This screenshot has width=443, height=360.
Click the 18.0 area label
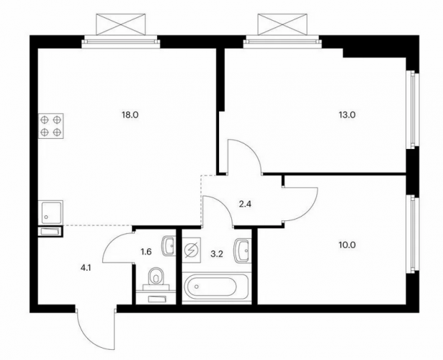coord(130,115)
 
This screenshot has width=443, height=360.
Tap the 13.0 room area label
coord(347,115)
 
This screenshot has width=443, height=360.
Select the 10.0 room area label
coord(347,245)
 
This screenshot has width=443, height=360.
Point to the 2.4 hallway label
coord(245,204)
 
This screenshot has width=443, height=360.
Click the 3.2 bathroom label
coord(218,254)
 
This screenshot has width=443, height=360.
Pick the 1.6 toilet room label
coord(146,251)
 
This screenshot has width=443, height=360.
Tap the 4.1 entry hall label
coord(86,269)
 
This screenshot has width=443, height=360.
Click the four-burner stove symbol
coord(51,126)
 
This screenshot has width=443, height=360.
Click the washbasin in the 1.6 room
coord(169,246)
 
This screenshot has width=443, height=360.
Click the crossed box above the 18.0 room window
coord(121,24)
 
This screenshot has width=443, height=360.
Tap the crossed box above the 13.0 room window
coord(282,24)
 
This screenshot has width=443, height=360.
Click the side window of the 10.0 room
coord(412,234)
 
